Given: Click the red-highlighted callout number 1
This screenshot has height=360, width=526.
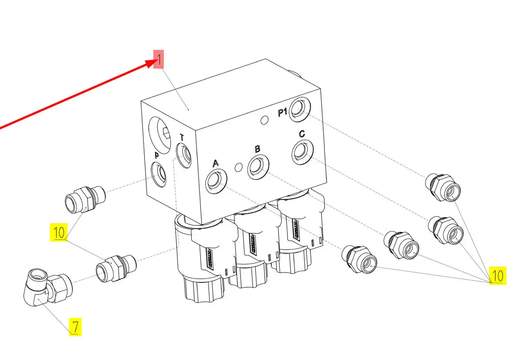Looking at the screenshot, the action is pyautogui.click(x=159, y=59).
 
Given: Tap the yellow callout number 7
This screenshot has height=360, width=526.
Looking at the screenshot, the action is pyautogui.click(x=75, y=327).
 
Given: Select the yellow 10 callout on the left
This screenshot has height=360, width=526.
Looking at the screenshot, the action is pyautogui.click(x=59, y=232).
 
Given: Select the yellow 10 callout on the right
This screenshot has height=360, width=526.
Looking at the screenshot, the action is pyautogui.click(x=498, y=275).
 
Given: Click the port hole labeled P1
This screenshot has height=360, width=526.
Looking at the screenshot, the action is pyautogui.click(x=300, y=109).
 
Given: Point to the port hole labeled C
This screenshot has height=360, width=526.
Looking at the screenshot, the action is pyautogui.click(x=302, y=152).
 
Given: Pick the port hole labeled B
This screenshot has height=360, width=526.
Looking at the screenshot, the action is pyautogui.click(x=258, y=167).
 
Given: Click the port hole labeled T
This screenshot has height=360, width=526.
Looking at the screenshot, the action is pyautogui.click(x=184, y=155).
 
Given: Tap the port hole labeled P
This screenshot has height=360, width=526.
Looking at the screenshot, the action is pyautogui.click(x=159, y=175).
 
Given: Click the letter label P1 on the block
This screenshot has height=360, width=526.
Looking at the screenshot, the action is pyautogui.click(x=282, y=112).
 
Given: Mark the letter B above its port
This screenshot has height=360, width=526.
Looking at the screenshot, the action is pyautogui.click(x=258, y=149).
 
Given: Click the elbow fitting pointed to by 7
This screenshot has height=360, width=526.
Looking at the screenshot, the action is pyautogui.click(x=48, y=287).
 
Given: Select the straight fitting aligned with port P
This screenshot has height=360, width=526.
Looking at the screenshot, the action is pyautogui.click(x=85, y=199).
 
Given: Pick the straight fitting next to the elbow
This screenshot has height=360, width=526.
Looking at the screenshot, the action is pyautogui.click(x=116, y=268).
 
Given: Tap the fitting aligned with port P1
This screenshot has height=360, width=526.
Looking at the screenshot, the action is pyautogui.click(x=443, y=188).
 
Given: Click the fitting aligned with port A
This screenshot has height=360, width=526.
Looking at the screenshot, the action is pyautogui.click(x=359, y=259).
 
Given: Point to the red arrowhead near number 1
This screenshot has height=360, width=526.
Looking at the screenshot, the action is pyautogui.click(x=152, y=63).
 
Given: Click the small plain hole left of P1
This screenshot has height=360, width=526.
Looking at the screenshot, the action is pyautogui.click(x=265, y=120).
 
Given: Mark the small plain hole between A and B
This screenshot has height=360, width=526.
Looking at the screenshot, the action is pyautogui.click(x=238, y=167).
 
